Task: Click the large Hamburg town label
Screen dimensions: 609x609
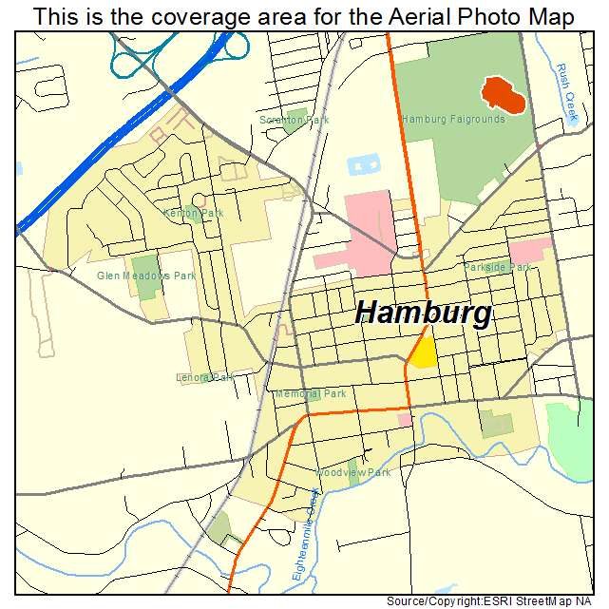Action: point(424,314)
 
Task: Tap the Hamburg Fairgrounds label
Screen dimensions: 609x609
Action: point(453,120)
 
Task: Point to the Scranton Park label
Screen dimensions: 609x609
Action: point(295,121)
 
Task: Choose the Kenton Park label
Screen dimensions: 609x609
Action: point(193,214)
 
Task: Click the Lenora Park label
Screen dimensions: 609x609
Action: point(204,377)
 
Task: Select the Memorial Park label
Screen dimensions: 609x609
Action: point(311,393)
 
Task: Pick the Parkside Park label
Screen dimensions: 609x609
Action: point(498,268)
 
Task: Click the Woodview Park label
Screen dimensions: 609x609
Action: point(352,472)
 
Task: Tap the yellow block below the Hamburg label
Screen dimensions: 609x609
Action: point(423,352)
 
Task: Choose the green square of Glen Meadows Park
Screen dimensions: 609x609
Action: point(146,278)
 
